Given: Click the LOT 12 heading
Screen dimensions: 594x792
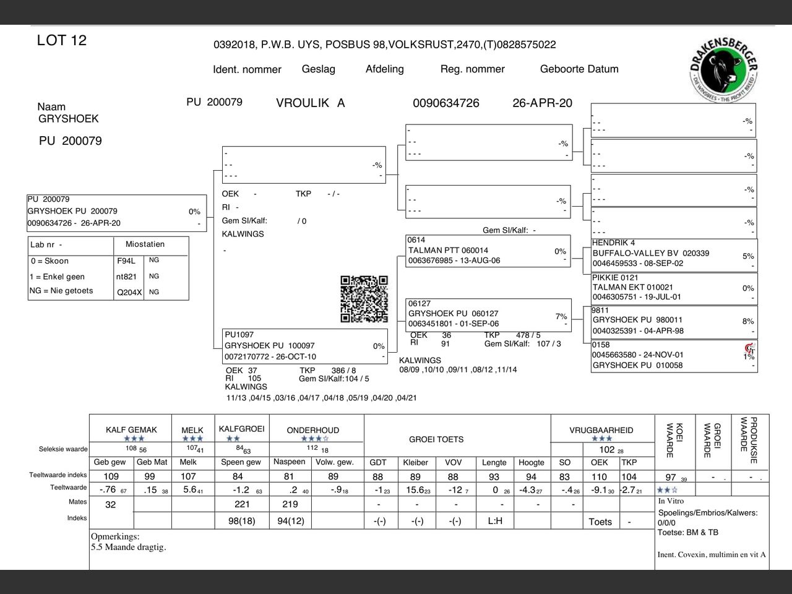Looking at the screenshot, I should [x=62, y=41].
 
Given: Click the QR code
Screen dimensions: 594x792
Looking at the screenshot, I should [x=364, y=299].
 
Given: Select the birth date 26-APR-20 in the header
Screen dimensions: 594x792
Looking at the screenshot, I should [x=542, y=103].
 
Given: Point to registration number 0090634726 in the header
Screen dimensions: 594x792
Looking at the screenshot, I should [x=445, y=103].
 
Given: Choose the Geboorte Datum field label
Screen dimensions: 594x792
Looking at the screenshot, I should [x=579, y=69].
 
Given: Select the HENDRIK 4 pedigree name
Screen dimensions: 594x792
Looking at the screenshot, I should [x=613, y=243].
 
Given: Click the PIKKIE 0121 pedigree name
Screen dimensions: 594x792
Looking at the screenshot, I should [x=615, y=277].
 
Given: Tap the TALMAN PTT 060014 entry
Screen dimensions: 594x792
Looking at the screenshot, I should [x=448, y=251].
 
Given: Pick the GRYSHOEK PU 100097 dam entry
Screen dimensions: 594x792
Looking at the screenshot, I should [x=269, y=346].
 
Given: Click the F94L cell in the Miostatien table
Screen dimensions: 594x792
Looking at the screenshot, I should [x=126, y=261].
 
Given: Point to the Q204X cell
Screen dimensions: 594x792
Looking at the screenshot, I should [x=129, y=293].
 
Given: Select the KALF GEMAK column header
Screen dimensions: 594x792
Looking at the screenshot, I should [x=131, y=430].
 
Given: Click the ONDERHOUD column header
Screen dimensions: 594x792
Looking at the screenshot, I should [x=312, y=430].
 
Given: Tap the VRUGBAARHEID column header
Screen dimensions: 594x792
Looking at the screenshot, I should [x=601, y=430].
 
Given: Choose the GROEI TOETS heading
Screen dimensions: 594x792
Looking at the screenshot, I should [x=436, y=439].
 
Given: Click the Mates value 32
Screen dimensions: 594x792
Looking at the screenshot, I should [x=111, y=504].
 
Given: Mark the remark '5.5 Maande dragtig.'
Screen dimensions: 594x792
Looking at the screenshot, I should [x=129, y=547].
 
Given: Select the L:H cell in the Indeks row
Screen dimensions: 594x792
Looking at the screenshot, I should [x=495, y=521].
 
